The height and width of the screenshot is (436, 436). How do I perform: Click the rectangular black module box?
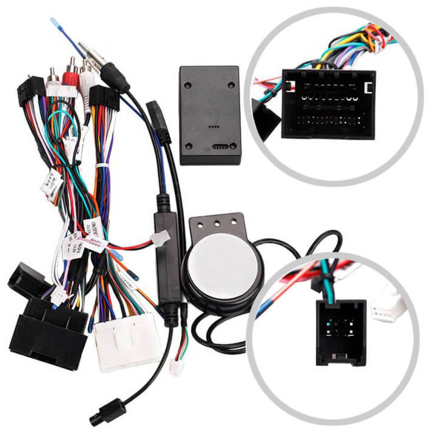click(210, 115)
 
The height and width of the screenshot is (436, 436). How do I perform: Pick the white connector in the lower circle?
click(386, 308)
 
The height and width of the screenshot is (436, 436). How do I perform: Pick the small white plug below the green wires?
click(176, 369)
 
